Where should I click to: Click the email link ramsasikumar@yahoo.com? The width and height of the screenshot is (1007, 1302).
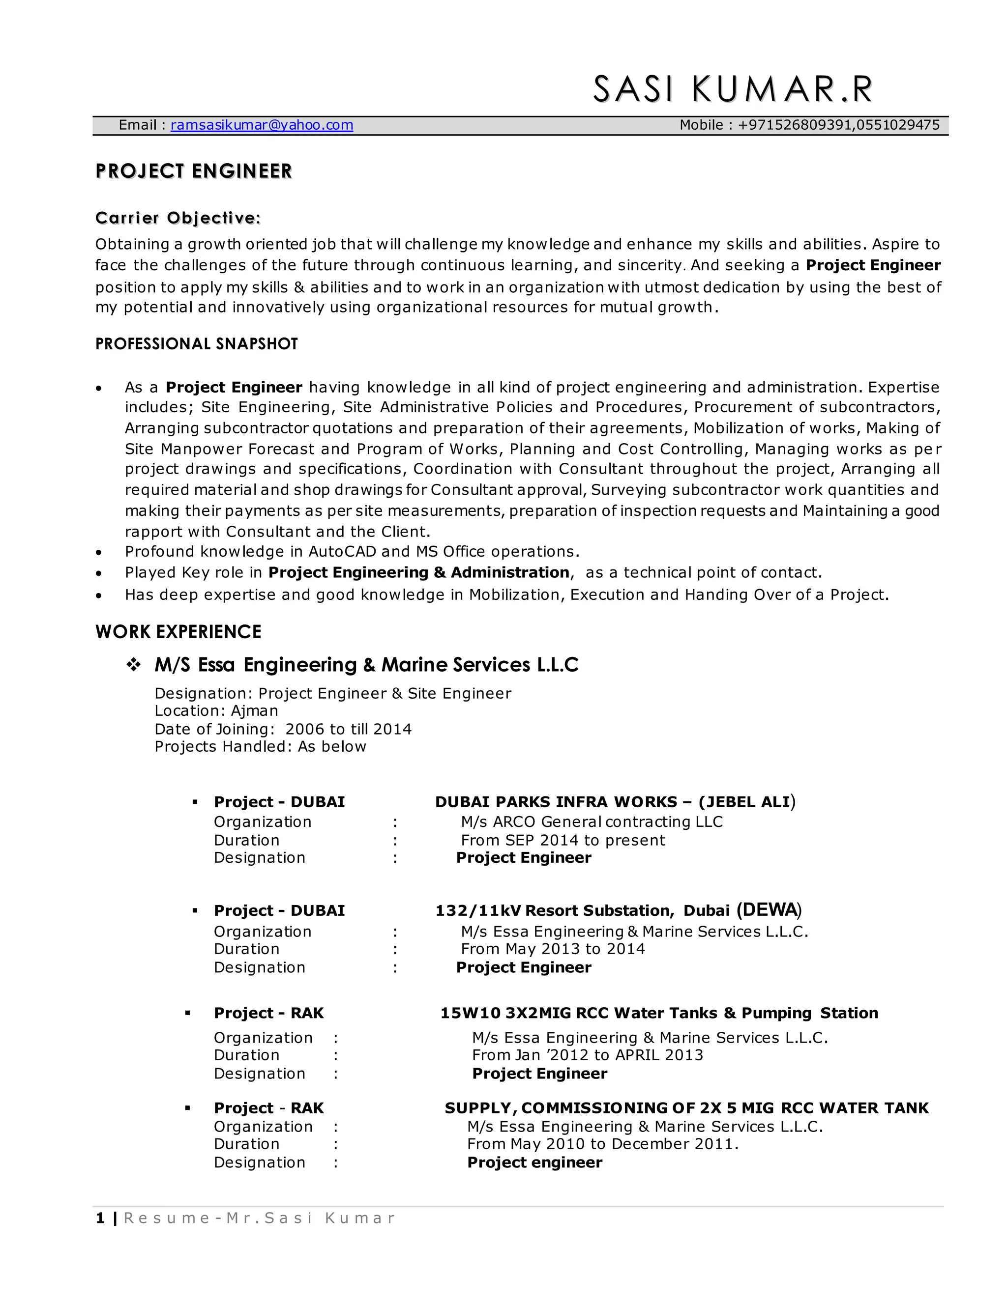262,125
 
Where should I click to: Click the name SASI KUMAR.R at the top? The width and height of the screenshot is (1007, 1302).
733,89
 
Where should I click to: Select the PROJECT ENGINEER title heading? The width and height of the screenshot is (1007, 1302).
194,171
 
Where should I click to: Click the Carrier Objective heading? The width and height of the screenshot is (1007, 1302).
178,218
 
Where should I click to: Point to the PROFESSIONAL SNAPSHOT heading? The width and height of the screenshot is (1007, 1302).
196,344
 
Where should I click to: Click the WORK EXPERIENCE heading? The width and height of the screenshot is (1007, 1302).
178,632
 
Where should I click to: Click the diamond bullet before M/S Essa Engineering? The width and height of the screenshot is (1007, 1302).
134,665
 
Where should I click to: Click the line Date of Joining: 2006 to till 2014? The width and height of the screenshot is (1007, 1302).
283,729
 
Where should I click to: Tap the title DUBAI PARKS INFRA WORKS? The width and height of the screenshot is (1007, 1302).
556,802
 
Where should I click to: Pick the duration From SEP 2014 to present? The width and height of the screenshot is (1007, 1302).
563,840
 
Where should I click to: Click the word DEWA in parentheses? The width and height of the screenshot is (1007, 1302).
769,910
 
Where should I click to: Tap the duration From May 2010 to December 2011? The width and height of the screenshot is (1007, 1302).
602,1143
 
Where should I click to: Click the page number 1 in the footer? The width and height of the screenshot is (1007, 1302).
100,1218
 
